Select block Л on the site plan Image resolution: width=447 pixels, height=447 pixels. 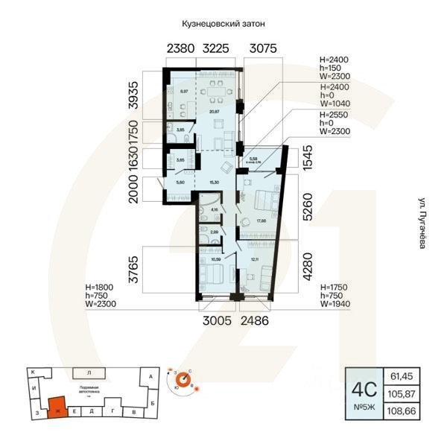click(x=89, y=372)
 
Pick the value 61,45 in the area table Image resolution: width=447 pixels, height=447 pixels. click(x=401, y=376)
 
